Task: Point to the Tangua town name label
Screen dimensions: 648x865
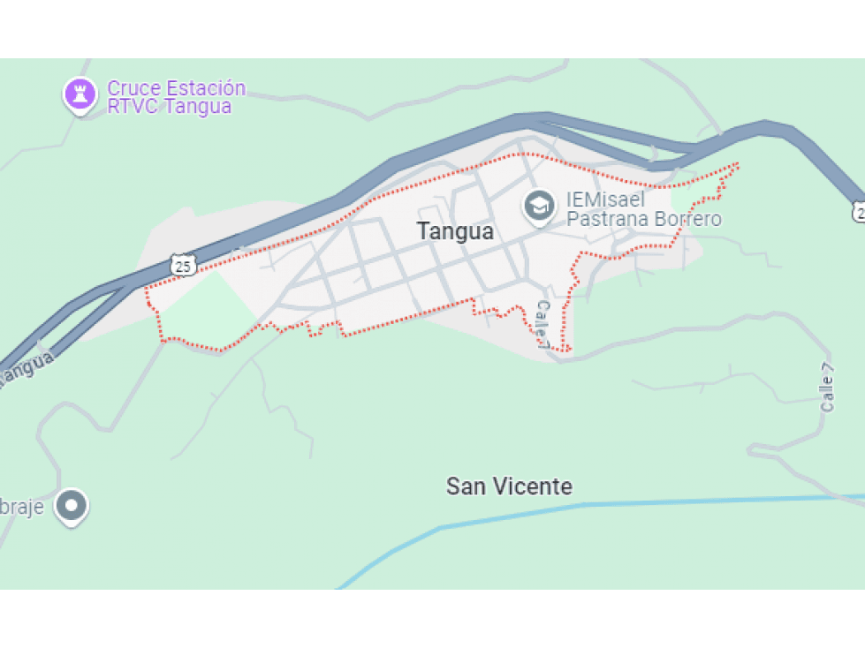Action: click(x=455, y=231)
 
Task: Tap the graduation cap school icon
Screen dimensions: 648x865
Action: click(x=538, y=207)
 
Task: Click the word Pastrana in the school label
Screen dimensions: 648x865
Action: click(x=603, y=219)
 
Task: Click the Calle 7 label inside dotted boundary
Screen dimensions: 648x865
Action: click(x=543, y=324)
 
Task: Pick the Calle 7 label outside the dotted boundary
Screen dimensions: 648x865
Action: click(x=827, y=388)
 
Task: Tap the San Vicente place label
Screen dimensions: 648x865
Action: click(x=509, y=486)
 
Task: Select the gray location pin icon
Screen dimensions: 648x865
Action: click(x=71, y=506)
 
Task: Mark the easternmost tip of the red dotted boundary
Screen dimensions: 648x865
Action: click(x=738, y=164)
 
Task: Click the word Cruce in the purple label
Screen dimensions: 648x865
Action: click(x=132, y=88)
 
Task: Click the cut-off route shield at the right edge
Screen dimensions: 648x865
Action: click(x=859, y=211)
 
